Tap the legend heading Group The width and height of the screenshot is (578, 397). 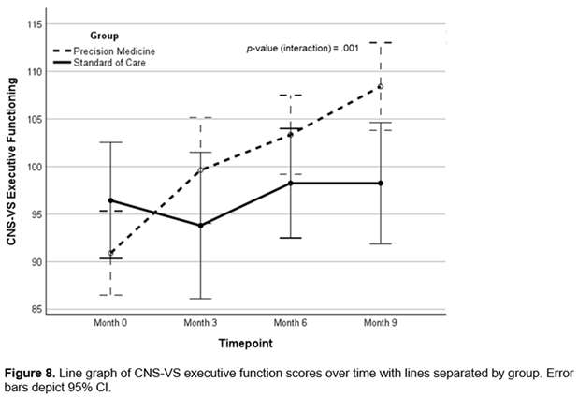point(105,36)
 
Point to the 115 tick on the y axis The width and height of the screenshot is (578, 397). point(35,24)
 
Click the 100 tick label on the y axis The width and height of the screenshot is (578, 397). point(35,167)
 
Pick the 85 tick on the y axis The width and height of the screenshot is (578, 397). point(36,309)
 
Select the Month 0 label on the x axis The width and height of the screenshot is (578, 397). point(110,323)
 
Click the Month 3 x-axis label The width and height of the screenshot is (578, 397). point(200,323)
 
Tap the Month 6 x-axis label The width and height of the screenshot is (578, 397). point(291,323)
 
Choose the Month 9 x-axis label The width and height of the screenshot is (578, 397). point(381,323)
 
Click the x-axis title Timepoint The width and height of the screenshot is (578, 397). point(246,343)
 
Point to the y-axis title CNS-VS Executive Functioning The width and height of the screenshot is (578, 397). point(12,161)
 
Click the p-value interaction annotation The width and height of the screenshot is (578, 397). point(303,49)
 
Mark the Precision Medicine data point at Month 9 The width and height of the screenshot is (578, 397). point(381,87)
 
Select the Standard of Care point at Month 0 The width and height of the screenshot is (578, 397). point(110,200)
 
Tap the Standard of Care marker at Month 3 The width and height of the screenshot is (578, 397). point(200,225)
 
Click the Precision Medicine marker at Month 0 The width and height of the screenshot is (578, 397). point(110,253)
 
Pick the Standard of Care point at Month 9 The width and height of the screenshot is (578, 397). point(381,183)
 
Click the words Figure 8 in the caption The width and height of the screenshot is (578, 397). point(30,374)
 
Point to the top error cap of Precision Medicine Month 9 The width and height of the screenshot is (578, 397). point(381,43)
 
